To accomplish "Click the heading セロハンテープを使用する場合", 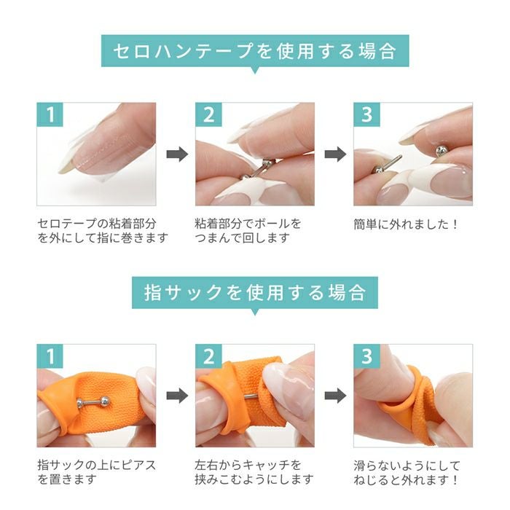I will (254, 51).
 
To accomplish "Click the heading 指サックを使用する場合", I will (254, 292).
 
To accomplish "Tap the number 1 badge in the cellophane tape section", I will (50, 115).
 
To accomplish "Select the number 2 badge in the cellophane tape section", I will (208, 115).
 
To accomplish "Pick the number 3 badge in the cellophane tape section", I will (366, 115).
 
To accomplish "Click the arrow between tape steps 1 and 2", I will (176, 154).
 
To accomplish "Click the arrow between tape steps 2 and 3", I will (334, 154).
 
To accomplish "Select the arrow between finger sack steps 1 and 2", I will (176, 396).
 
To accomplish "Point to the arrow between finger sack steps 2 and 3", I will (334, 396).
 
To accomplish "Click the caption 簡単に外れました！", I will (407, 224).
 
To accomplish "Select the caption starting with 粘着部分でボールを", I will (248, 230).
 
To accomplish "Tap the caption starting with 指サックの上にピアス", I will (97, 471).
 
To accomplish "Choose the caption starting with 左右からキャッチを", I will (254, 471).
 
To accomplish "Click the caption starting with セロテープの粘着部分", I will (102, 230).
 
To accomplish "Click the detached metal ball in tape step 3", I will (441, 150).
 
